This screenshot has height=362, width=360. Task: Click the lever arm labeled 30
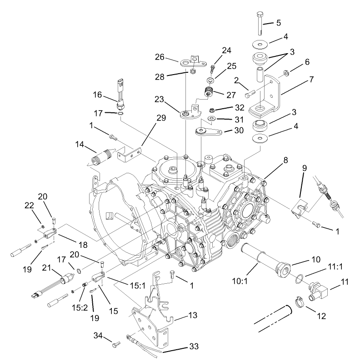(209, 132)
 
